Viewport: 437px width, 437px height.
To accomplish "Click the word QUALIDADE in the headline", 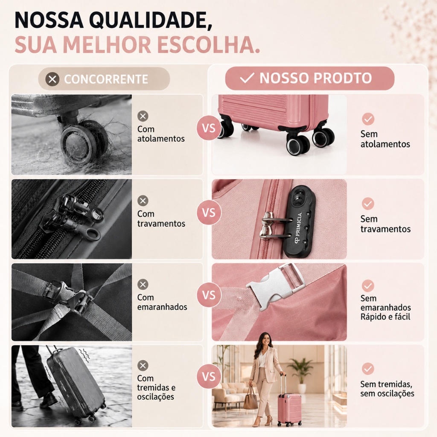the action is [151, 20].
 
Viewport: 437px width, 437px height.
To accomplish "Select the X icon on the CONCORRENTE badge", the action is [52, 79].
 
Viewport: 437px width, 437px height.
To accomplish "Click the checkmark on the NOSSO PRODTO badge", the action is [247, 79].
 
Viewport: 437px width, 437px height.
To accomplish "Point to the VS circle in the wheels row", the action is [209, 128].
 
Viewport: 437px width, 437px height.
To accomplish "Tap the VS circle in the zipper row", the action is [209, 213].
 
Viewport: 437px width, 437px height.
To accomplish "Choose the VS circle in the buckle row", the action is [209, 295].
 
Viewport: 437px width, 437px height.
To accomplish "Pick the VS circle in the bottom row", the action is [209, 377].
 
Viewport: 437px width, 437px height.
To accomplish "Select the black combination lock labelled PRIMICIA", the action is [299, 222].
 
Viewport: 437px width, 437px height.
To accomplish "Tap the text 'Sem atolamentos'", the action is [385, 139].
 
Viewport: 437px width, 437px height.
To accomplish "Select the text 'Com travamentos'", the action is [161, 218].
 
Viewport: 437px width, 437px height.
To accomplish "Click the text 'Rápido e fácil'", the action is [385, 317].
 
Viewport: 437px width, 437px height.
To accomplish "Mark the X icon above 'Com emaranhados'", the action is [143, 285].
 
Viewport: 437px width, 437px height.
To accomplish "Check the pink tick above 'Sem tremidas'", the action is [368, 369].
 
